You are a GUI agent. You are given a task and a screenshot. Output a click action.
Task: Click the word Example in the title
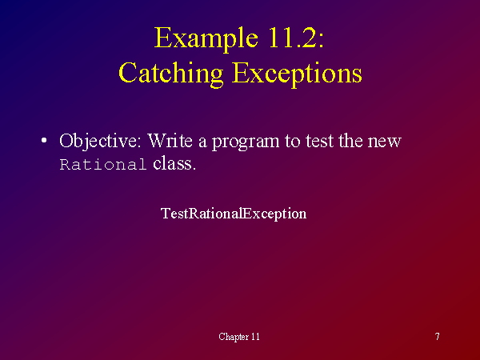(x=206, y=39)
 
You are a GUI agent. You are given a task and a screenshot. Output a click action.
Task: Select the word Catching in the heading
(x=171, y=74)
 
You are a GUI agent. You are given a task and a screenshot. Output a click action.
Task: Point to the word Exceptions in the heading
(x=297, y=74)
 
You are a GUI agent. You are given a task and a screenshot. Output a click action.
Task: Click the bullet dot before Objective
(x=44, y=141)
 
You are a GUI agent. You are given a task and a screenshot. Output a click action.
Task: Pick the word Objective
(x=101, y=142)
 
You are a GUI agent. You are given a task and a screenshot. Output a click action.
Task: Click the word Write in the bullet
(x=170, y=141)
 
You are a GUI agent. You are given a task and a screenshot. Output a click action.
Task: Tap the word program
(x=246, y=142)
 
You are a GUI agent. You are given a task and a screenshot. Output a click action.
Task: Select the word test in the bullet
(x=319, y=142)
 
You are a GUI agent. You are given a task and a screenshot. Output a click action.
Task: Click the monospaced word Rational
(x=103, y=164)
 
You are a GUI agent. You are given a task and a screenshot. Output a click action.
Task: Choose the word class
(x=174, y=163)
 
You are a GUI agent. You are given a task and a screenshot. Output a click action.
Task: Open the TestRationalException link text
(x=234, y=214)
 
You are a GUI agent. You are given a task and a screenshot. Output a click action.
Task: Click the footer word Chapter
(x=234, y=337)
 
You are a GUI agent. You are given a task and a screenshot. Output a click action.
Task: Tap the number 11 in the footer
(x=255, y=337)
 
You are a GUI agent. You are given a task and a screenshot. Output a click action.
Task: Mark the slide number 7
(x=438, y=337)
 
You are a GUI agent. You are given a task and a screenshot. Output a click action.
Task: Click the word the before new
(x=350, y=141)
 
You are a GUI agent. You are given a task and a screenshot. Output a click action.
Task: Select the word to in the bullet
(x=292, y=142)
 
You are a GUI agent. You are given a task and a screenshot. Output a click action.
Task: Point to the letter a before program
(x=202, y=143)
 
